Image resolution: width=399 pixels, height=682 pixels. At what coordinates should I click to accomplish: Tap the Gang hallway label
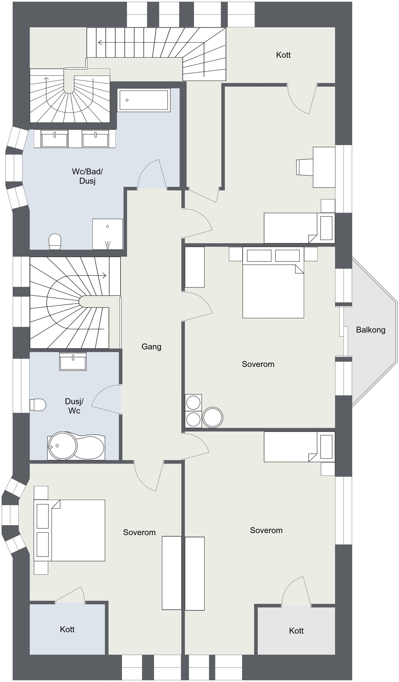pos(151,347)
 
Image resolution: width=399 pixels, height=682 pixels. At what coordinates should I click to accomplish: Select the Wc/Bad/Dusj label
pos(87,176)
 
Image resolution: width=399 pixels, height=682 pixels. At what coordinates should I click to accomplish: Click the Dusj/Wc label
pos(74,406)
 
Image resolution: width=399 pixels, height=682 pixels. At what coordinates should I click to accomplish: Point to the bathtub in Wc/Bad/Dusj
pos(144,100)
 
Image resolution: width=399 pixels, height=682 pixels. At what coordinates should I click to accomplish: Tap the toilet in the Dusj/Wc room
pos(38,405)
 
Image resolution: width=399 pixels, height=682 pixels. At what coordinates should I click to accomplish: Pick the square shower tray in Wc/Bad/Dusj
pos(107,234)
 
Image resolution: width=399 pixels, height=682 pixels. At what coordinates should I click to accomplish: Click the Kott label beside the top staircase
pos(283,55)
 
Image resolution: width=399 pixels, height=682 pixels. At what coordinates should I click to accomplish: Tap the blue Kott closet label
pos(67,630)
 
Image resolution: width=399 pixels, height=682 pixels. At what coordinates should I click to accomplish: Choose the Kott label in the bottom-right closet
pos(296,631)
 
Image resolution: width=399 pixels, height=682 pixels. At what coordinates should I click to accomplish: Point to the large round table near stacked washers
pos(213,417)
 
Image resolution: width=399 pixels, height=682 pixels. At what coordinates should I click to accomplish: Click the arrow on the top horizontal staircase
pos(100,42)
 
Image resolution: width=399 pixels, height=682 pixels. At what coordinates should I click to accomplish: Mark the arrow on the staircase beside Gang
pos(104,276)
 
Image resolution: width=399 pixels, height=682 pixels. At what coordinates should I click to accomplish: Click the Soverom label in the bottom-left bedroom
pos(139,532)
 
